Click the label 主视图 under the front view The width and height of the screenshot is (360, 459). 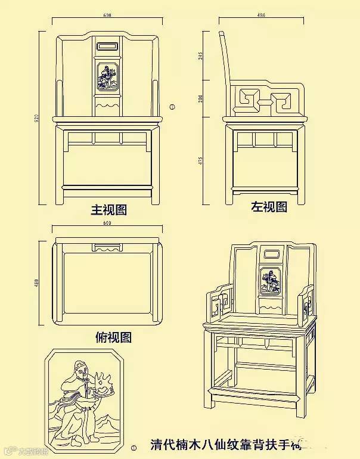[x=108, y=210]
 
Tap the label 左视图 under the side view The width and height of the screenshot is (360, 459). [x=268, y=207]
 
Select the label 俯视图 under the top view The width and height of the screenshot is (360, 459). [x=113, y=337]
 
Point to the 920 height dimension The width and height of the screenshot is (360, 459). [x=36, y=119]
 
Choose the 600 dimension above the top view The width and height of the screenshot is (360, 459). [x=108, y=224]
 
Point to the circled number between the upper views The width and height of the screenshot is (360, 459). [x=172, y=107]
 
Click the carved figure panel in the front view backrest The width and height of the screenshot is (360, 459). [x=108, y=77]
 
